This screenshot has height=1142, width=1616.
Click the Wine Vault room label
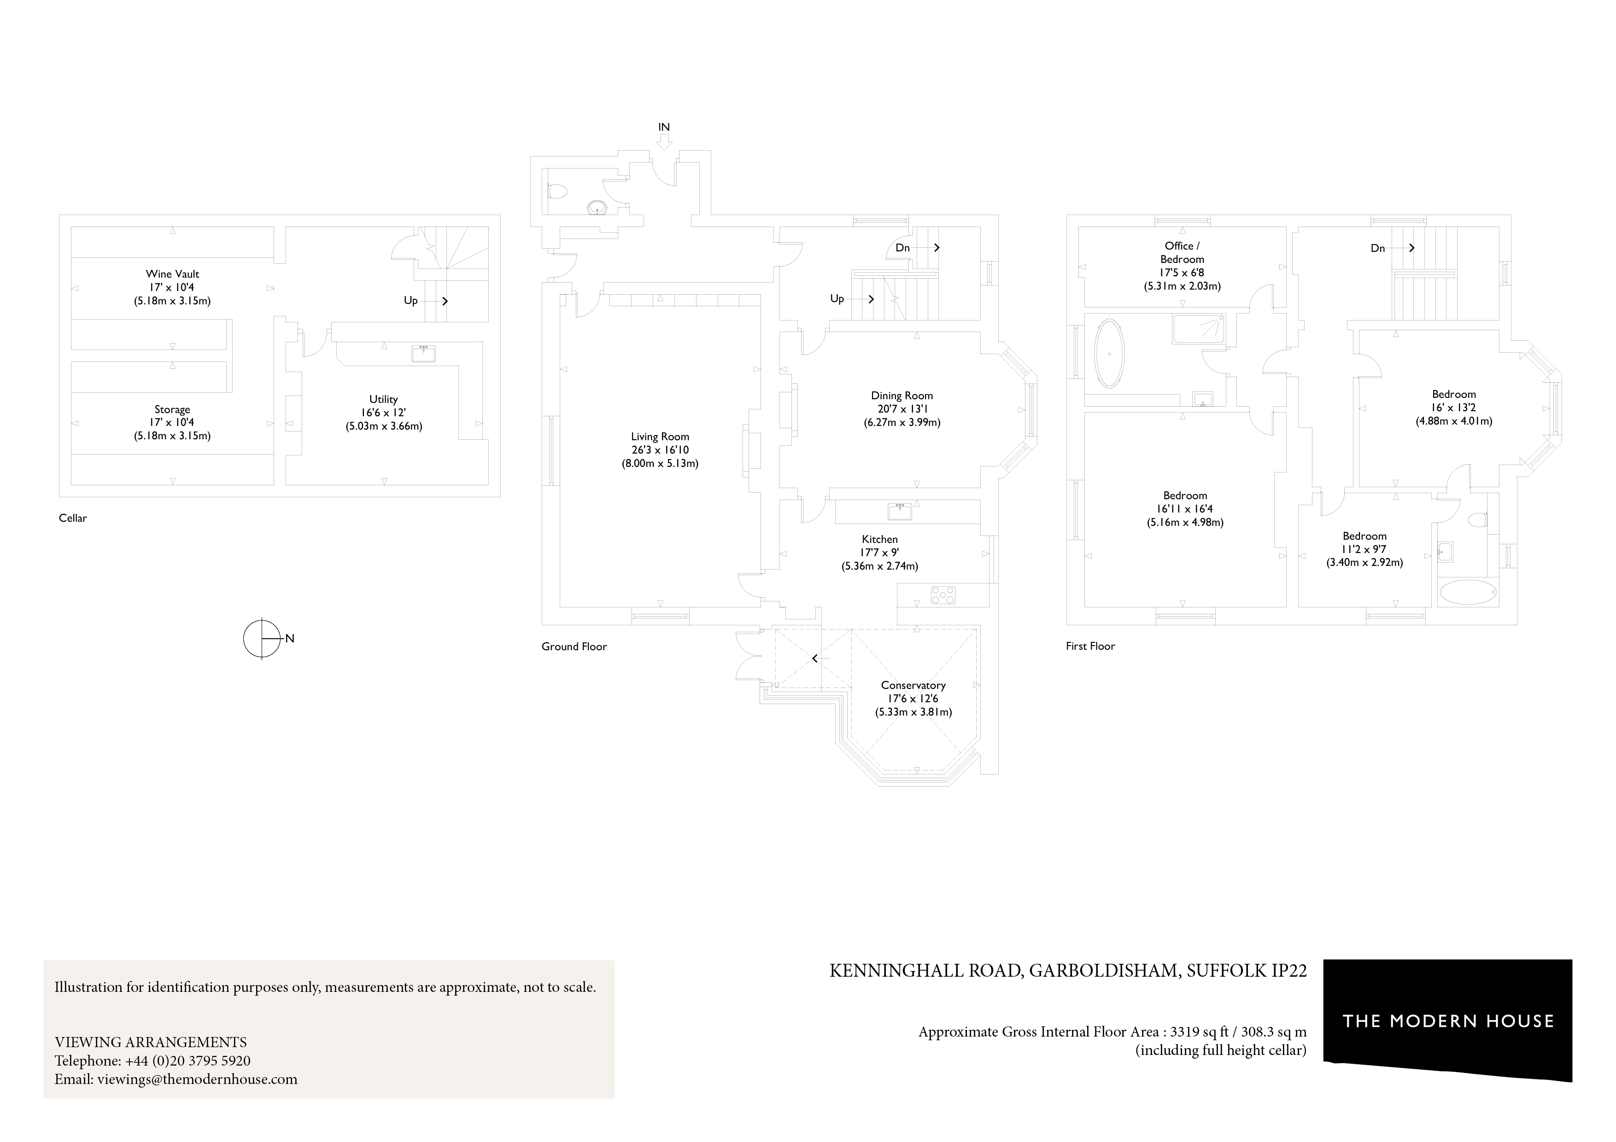click(172, 274)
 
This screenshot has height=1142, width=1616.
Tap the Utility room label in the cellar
click(384, 399)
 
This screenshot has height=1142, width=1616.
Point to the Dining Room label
click(902, 396)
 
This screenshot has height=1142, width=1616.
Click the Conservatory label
click(913, 685)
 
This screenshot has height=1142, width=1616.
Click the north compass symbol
click(262, 638)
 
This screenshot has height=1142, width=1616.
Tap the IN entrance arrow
click(664, 141)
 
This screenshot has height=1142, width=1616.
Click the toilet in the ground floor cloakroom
click(557, 190)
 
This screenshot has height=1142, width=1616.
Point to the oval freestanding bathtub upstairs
click(1110, 354)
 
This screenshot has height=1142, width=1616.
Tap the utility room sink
click(423, 353)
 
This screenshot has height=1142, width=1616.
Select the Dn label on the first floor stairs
click(1377, 248)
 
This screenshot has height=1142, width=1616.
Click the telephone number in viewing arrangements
click(187, 1061)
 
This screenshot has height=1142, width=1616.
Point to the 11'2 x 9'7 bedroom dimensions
click(1364, 549)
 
